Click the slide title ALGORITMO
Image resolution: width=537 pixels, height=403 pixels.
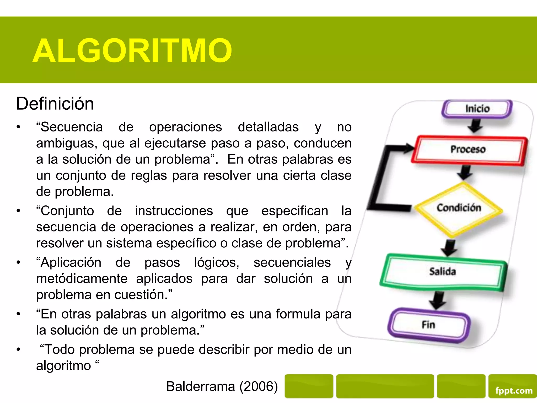(x=132, y=51)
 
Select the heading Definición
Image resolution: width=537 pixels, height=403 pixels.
(x=55, y=104)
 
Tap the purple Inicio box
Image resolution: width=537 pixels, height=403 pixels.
(x=477, y=109)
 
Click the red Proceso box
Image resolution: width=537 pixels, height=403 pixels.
(x=468, y=150)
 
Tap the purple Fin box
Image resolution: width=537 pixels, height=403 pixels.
(x=428, y=325)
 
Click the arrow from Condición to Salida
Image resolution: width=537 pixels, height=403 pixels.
(x=449, y=247)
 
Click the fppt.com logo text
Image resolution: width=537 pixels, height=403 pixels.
(x=514, y=391)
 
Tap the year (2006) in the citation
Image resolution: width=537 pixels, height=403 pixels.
(x=259, y=386)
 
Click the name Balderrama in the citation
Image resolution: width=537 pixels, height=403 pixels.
(x=201, y=386)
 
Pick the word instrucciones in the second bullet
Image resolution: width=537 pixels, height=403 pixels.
(x=174, y=211)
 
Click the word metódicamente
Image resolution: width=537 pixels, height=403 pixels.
(x=82, y=279)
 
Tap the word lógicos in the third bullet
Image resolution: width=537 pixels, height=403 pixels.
(x=217, y=263)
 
